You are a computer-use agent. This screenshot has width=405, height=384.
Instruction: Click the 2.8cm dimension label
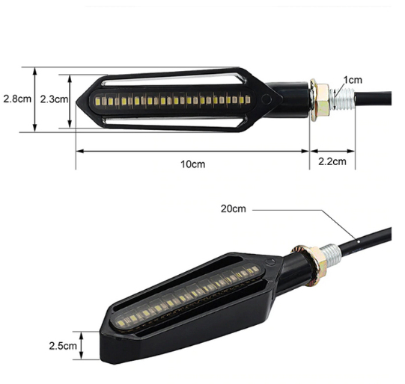(x=17, y=99)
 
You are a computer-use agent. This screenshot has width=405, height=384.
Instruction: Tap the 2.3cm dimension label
(x=54, y=99)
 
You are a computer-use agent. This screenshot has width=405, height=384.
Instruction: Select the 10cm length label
(x=193, y=164)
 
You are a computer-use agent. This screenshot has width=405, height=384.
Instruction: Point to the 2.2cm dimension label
(x=332, y=161)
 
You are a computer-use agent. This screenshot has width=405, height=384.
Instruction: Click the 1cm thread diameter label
(x=353, y=80)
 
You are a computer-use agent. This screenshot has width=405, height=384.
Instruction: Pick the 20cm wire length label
(x=234, y=208)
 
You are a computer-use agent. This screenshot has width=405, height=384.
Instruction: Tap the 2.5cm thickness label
(x=63, y=346)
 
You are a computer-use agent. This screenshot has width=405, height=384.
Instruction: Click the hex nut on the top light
(x=322, y=100)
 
